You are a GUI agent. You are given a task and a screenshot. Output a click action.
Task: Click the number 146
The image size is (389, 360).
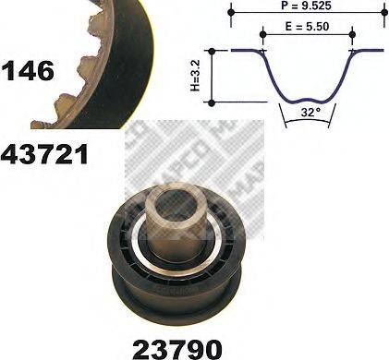coord(30,70)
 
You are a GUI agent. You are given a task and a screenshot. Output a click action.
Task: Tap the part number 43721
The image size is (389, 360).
coord(44,153)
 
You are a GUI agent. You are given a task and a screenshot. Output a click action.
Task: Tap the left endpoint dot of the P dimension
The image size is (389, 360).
coord(229,14)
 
